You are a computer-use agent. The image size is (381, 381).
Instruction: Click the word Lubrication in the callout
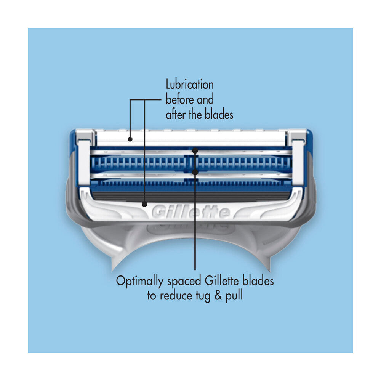pyautogui.click(x=190, y=84)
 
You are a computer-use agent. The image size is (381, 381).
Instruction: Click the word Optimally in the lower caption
pyautogui.click(x=139, y=282)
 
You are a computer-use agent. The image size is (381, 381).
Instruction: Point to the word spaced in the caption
pyautogui.click(x=184, y=282)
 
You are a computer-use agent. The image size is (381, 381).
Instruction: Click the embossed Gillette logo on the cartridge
pyautogui.click(x=191, y=212)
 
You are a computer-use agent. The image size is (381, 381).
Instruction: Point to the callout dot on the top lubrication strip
pyautogui.click(x=130, y=139)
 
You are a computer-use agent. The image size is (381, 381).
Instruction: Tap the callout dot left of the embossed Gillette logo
pyautogui.click(x=144, y=204)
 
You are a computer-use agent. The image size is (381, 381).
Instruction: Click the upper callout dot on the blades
pyautogui.click(x=195, y=151)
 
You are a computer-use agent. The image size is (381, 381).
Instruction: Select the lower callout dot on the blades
pyautogui.click(x=195, y=172)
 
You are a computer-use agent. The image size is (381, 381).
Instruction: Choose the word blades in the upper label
pyautogui.click(x=219, y=114)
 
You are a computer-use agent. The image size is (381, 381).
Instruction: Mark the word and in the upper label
pyautogui.click(x=205, y=99)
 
